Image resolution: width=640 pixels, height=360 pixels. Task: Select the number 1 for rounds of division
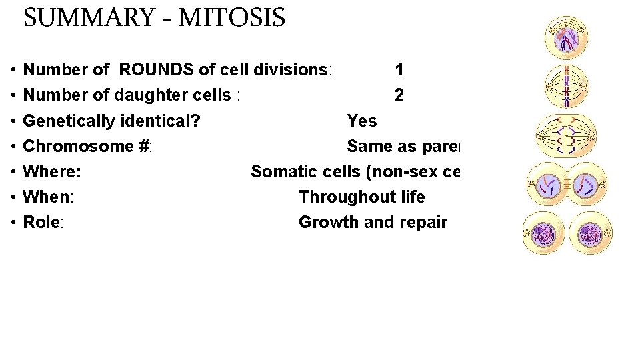click(399, 69)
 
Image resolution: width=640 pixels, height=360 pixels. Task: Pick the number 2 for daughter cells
click(399, 95)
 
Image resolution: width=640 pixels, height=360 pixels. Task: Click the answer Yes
click(362, 121)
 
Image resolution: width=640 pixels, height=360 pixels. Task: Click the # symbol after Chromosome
click(144, 146)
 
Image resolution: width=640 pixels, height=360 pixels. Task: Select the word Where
click(51, 171)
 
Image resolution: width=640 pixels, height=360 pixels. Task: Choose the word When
click(47, 197)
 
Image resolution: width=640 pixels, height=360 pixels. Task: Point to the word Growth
click(326, 222)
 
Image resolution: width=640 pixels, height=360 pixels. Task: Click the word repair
click(424, 222)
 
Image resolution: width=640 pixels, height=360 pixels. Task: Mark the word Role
click(41, 222)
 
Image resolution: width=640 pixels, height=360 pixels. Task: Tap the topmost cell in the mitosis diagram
click(565, 38)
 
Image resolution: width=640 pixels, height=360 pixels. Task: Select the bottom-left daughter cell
click(543, 233)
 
